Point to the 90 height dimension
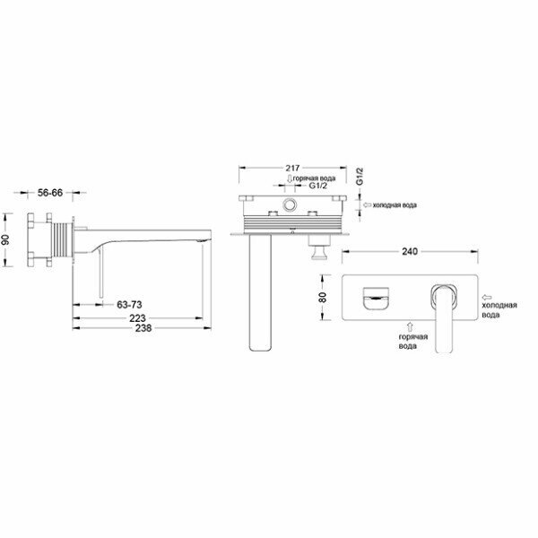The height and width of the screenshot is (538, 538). click(8, 240)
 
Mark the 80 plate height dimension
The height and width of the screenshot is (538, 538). click(323, 296)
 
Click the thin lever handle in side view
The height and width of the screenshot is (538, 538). click(100, 273)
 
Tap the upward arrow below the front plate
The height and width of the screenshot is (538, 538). click(409, 325)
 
